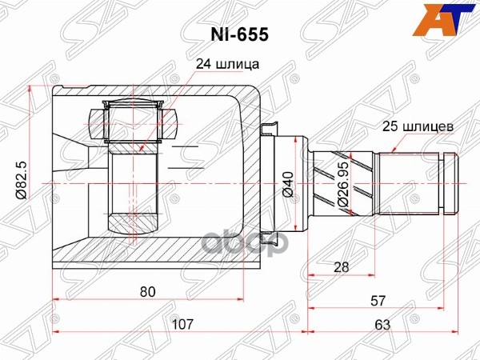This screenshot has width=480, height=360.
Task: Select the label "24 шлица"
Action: tap(227, 65)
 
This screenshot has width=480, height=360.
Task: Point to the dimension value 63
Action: tap(381, 324)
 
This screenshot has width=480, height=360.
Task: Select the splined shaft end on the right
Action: tap(416, 182)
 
